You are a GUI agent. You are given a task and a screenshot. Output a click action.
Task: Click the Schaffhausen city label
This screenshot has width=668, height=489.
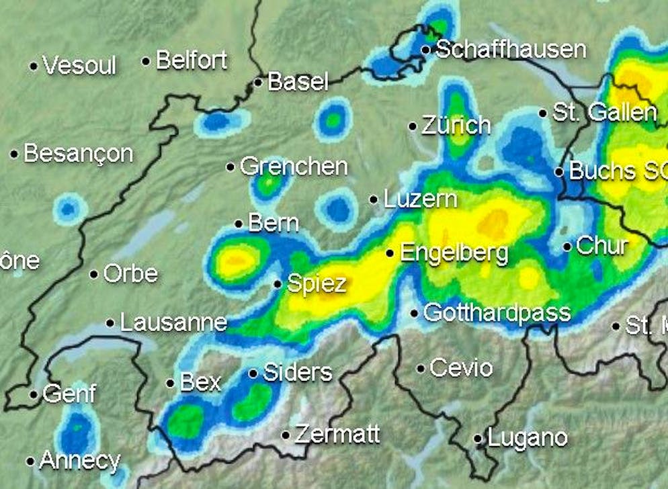tap(511, 49)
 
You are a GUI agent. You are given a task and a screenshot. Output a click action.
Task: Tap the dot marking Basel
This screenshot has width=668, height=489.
tap(258, 83)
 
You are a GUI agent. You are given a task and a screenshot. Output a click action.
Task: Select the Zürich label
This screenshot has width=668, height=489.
tap(456, 126)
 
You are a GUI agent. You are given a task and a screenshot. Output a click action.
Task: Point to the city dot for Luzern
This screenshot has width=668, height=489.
tap(374, 199)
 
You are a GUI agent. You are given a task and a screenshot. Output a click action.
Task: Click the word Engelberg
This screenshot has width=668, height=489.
tap(454, 253)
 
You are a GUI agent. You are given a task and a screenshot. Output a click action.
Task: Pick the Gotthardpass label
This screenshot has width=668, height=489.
tap(497, 312)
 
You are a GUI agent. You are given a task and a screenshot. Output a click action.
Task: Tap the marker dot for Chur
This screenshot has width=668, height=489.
tap(567, 247)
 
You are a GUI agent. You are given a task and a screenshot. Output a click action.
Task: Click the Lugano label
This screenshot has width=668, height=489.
tap(527, 439)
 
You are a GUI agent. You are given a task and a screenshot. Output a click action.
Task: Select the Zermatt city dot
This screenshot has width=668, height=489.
tap(286, 435)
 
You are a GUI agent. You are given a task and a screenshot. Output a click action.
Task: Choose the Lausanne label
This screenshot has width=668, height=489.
tap(173, 322)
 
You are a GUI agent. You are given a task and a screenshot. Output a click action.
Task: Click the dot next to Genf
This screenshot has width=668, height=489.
tap(34, 394)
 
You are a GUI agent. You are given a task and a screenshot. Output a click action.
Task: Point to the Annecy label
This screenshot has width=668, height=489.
tap(79, 461)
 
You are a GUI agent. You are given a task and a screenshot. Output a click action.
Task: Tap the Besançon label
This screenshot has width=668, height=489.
tap(78, 154)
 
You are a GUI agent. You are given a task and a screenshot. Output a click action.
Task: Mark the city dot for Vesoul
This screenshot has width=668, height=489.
tap(34, 66)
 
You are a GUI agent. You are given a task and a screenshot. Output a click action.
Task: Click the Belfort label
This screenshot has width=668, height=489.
tap(192, 60)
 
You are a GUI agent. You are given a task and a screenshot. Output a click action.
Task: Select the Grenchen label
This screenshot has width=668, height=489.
tap(294, 166)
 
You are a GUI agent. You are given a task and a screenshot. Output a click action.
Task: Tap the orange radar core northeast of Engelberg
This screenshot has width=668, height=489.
tap(495, 221)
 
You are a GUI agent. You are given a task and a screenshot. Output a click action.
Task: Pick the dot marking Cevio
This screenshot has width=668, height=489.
tap(421, 368)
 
